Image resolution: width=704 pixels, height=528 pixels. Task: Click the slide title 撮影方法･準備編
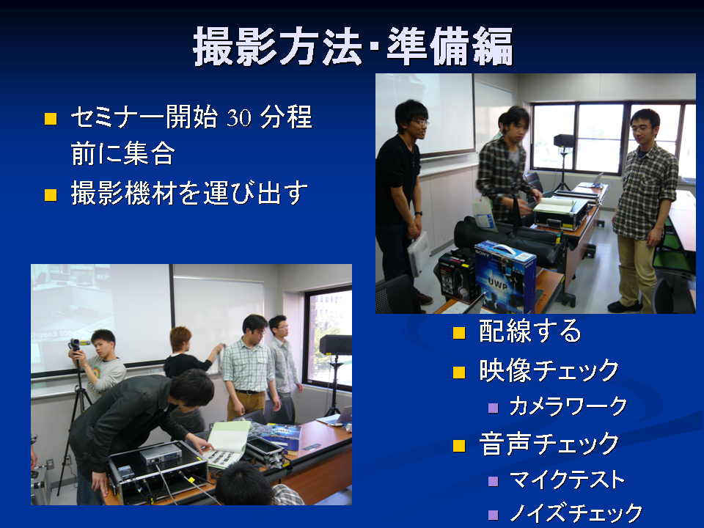pyautogui.click(x=353, y=47)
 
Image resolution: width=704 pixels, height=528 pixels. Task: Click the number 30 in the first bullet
pyautogui.click(x=239, y=118)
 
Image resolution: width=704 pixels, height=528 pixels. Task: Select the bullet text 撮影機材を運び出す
pyautogui.click(x=189, y=193)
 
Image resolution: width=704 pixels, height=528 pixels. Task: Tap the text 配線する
pyautogui.click(x=529, y=331)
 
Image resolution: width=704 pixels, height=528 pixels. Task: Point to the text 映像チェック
pyautogui.click(x=549, y=370)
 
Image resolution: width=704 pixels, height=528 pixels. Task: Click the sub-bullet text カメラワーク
pyautogui.click(x=568, y=406)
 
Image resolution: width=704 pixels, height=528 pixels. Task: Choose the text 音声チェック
pyautogui.click(x=549, y=444)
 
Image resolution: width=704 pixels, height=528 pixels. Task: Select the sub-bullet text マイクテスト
pyautogui.click(x=567, y=480)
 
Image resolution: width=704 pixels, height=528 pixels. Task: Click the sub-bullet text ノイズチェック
pyautogui.click(x=576, y=513)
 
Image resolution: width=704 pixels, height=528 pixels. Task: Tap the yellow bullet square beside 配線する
pyautogui.click(x=459, y=333)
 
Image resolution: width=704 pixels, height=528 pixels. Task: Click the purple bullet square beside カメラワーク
pyautogui.click(x=493, y=408)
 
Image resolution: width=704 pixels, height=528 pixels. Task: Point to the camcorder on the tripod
pyautogui.click(x=78, y=345)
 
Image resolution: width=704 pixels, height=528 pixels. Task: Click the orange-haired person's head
pyautogui.click(x=180, y=340)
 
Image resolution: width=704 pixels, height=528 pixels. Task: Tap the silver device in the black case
pyautogui.click(x=161, y=455)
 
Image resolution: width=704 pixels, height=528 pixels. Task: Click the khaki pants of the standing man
pyautogui.click(x=637, y=271)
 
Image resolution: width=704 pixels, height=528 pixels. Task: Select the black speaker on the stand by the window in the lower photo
pyautogui.click(x=335, y=345)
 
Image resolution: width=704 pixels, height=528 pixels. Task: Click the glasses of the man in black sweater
pyautogui.click(x=421, y=122)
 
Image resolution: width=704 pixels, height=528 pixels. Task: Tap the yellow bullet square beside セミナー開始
pyautogui.click(x=51, y=119)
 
